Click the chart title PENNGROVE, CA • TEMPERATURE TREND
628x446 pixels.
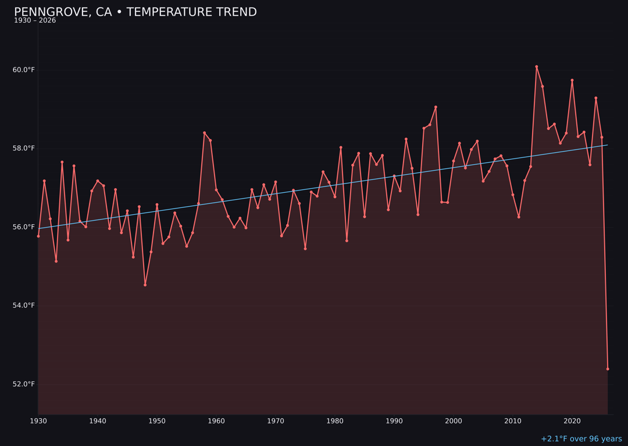pos(135,12)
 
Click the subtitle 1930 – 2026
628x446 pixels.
pos(35,20)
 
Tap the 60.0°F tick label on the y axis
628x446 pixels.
pos(24,70)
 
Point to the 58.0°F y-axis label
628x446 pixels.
pos(24,148)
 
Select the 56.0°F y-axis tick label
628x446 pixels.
pos(24,226)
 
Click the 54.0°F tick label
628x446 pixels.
pos(24,305)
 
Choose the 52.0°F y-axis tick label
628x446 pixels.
pos(24,384)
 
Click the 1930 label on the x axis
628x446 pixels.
pos(38,420)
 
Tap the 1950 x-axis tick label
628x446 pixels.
pos(157,420)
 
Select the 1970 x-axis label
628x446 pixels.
pos(276,420)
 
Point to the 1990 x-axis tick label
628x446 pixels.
pos(394,420)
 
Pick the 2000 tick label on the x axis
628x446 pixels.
pos(454,420)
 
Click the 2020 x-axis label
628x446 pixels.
pos(572,420)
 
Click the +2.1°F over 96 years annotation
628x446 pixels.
pos(581,439)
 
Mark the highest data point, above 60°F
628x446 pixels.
pos(537,67)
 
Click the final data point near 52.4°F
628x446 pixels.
pos(608,369)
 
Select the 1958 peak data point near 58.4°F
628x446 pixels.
pos(204,133)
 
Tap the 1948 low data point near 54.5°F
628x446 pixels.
pos(145,285)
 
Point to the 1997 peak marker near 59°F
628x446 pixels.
pos(436,107)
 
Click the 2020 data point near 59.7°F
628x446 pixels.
pos(572,80)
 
